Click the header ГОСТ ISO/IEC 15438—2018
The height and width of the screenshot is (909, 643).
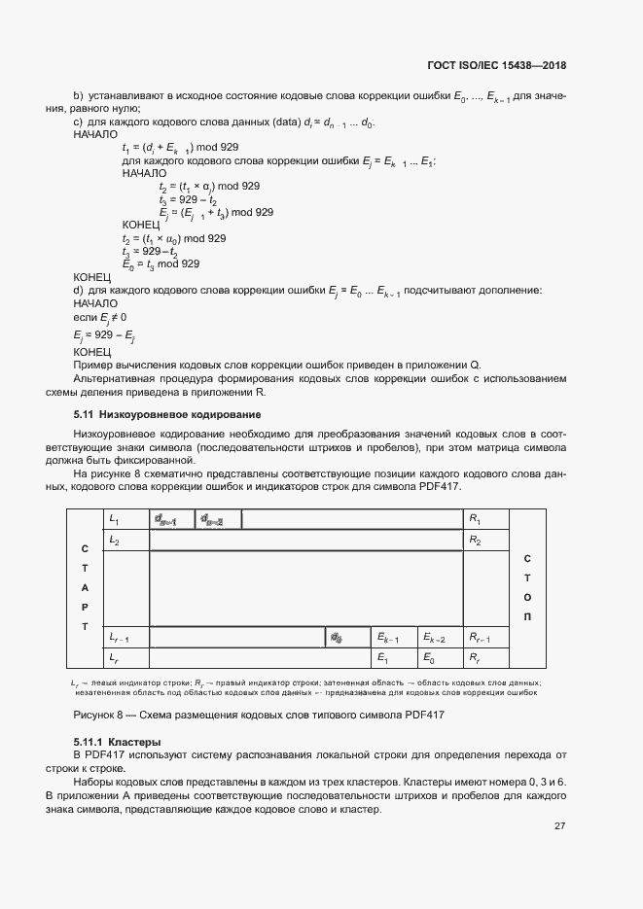pyautogui.click(x=496, y=66)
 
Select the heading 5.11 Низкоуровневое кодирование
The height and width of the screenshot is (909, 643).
pyautogui.click(x=160, y=415)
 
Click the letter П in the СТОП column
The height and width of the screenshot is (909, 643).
pyautogui.click(x=527, y=616)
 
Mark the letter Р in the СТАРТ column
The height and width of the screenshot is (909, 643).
pyautogui.click(x=85, y=608)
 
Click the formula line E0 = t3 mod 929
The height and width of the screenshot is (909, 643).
pyautogui.click(x=161, y=263)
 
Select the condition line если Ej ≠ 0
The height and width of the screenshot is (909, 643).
pyautogui.click(x=100, y=318)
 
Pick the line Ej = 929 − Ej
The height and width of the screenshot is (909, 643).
pyautogui.click(x=104, y=335)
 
